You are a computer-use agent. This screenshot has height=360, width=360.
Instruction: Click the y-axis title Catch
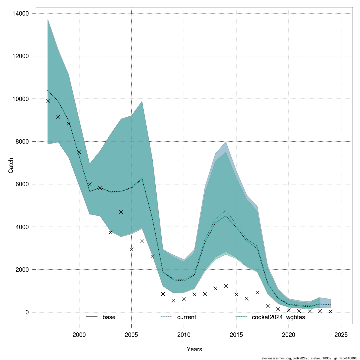pos(11,166)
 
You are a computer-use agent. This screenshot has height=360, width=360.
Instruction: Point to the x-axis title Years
pos(194,349)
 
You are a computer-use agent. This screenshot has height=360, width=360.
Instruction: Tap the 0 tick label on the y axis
pos(27,312)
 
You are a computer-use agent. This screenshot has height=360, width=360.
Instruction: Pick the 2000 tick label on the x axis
pos(79,334)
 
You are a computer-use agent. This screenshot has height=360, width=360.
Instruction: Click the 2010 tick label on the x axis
pos(184,334)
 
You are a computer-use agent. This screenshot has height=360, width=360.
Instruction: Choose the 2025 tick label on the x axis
pos(341,334)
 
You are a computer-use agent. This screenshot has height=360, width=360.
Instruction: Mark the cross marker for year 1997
pos(48,101)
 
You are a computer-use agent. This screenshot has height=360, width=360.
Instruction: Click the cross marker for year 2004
pos(121,212)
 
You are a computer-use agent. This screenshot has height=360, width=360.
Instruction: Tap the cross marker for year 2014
pos(226,286)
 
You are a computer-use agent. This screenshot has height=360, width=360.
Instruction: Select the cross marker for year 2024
pos(331,311)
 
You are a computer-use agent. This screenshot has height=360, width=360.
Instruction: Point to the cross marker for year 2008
pos(163,294)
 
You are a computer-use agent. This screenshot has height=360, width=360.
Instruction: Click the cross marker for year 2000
pos(79,152)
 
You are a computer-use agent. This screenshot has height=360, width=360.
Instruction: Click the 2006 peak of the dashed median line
pos(142,179)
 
